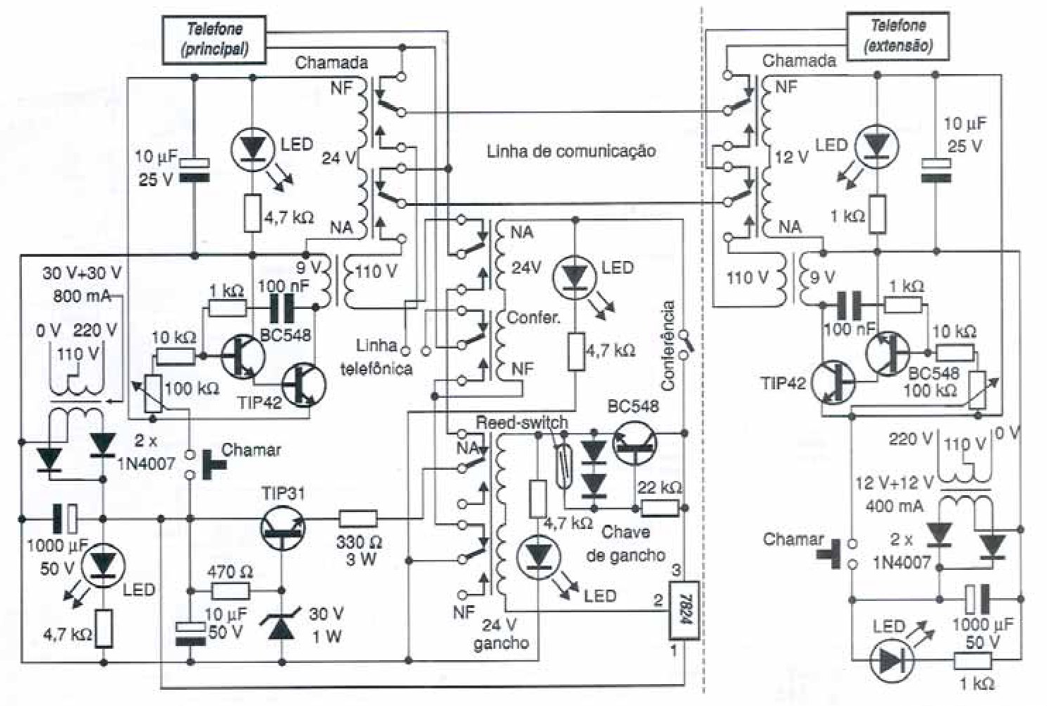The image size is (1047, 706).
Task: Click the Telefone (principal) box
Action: pyautogui.click(x=214, y=39)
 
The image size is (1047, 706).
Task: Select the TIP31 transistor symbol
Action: pyautogui.click(x=283, y=526)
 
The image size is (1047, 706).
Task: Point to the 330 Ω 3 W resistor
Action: pyautogui.click(x=358, y=520)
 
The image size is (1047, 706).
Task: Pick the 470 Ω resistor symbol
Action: pyautogui.click(x=230, y=590)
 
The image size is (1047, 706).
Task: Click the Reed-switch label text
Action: pyautogui.click(x=521, y=422)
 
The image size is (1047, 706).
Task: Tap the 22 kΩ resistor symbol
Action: pyautogui.click(x=659, y=507)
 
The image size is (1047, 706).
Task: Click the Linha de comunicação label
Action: pyautogui.click(x=570, y=151)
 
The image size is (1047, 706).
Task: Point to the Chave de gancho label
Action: pyautogui.click(x=625, y=543)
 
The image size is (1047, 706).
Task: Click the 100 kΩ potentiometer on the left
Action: pyautogui.click(x=150, y=394)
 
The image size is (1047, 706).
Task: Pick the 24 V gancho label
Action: pyautogui.click(x=501, y=633)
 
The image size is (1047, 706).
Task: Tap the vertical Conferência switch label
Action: pyautogui.click(x=668, y=346)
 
